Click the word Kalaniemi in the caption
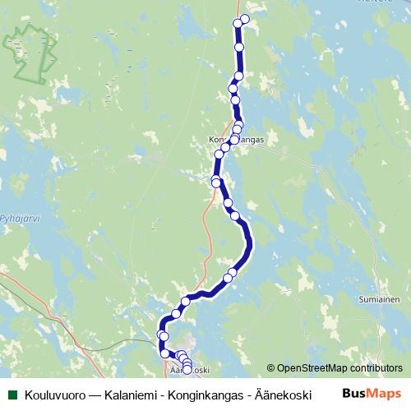[x=132, y=395]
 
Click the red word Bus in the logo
[x=354, y=394]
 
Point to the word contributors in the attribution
[x=374, y=369]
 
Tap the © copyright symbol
[x=271, y=369]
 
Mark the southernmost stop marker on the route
[x=187, y=370]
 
